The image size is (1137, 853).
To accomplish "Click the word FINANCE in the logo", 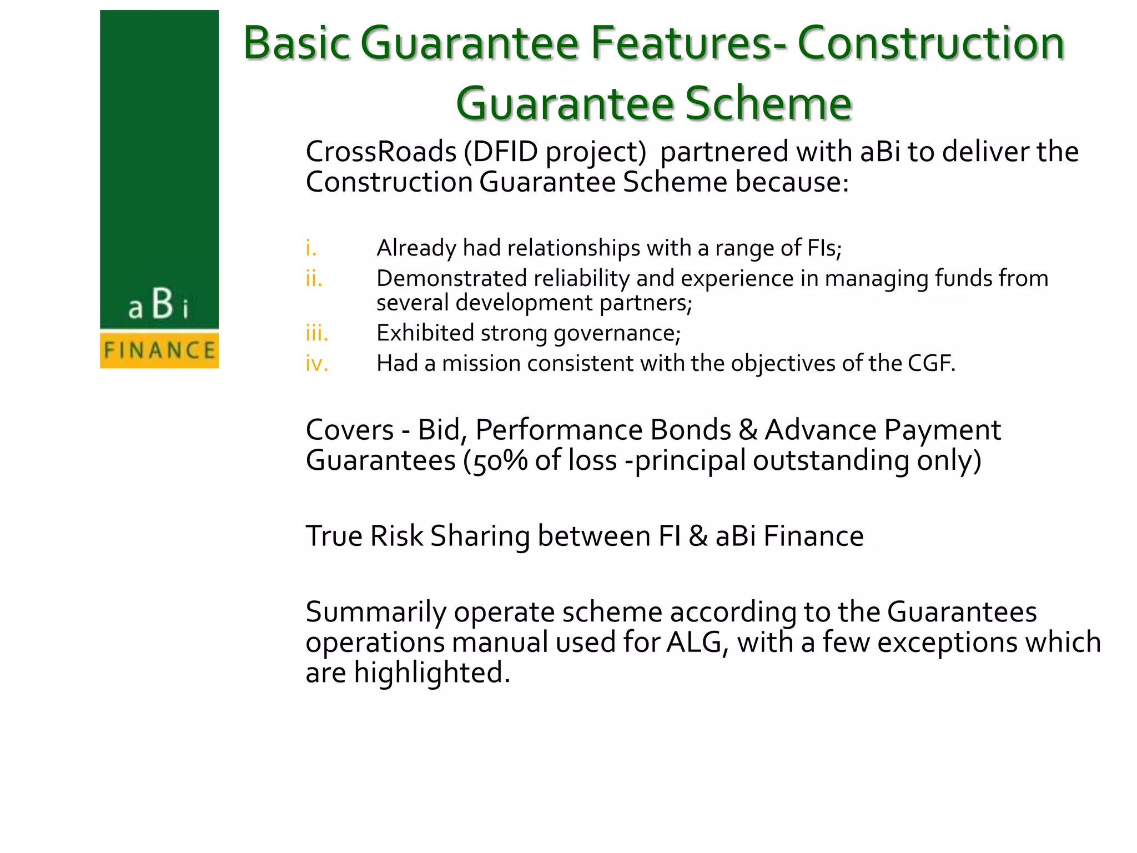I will (x=159, y=350).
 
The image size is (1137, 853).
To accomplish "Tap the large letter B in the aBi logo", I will (x=162, y=304).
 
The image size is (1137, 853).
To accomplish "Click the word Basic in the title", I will (x=297, y=43).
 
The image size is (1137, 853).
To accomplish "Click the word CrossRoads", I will (x=381, y=152).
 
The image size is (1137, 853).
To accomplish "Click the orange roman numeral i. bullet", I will (x=311, y=248).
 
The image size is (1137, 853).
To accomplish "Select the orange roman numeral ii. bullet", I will (x=314, y=278).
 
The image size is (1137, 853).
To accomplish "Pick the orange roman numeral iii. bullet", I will (x=317, y=333).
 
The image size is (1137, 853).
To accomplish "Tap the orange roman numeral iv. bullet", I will (x=317, y=364).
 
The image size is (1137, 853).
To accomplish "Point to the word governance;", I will (x=617, y=333).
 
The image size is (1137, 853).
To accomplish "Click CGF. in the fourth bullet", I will (x=932, y=364).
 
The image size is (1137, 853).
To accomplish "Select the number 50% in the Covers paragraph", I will (x=500, y=461).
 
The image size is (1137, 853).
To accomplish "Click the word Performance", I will (x=603, y=430).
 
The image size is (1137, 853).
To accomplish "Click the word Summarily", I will (x=376, y=612).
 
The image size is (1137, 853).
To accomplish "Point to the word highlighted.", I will (x=431, y=673).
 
